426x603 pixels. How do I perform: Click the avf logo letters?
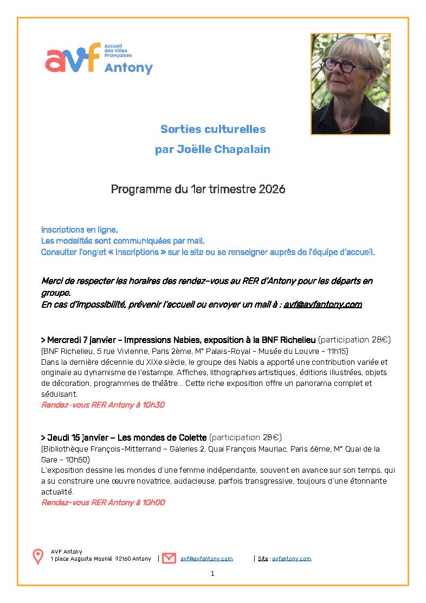point(73,58)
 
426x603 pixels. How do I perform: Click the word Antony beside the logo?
point(128,68)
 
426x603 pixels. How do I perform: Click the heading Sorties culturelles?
point(213,129)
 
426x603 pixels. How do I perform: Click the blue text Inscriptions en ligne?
point(79,230)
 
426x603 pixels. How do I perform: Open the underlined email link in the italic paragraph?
point(322,304)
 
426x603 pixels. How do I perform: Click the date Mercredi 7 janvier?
point(79,340)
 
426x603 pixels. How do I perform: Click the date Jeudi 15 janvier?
point(76,437)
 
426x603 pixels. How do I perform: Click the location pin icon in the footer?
point(38,556)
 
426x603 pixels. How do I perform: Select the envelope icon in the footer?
point(169,558)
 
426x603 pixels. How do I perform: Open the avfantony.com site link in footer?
point(292,558)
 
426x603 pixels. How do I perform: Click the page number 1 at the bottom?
point(212,573)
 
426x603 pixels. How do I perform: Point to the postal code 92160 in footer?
point(122,558)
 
